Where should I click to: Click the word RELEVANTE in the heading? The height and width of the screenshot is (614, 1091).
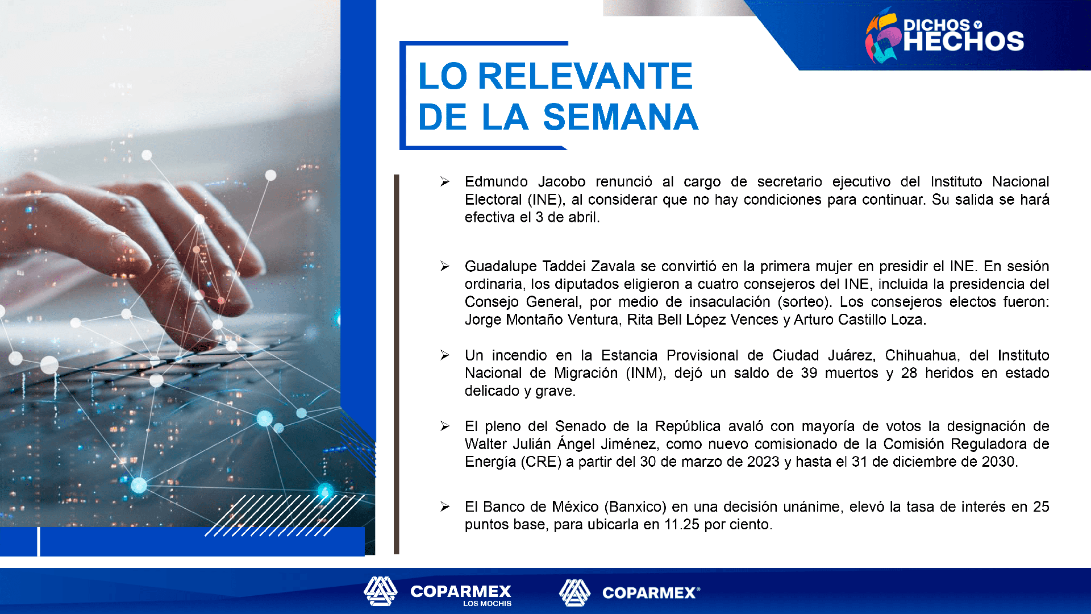point(585,76)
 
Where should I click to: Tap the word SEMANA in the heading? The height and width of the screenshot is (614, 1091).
point(621,117)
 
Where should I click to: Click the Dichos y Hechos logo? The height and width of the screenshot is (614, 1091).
point(944,36)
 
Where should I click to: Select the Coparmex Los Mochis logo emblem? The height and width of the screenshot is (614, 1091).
point(381,591)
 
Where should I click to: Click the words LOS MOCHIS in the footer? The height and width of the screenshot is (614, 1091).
point(487,604)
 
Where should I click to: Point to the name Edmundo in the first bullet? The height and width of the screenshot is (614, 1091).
point(496,182)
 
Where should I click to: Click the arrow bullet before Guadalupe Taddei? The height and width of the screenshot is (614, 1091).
point(444,266)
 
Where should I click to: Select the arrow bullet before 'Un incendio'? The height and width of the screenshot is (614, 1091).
point(444,355)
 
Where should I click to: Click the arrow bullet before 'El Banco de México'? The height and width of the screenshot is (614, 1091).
point(444,507)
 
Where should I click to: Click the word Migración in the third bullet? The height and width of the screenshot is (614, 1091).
point(586,374)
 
